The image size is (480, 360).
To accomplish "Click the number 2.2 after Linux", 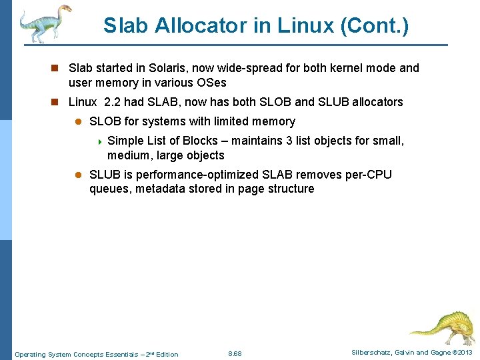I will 115,102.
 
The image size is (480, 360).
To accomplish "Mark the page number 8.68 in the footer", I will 235,353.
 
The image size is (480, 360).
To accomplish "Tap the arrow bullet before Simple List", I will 99,141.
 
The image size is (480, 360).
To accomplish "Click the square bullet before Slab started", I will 57,69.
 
